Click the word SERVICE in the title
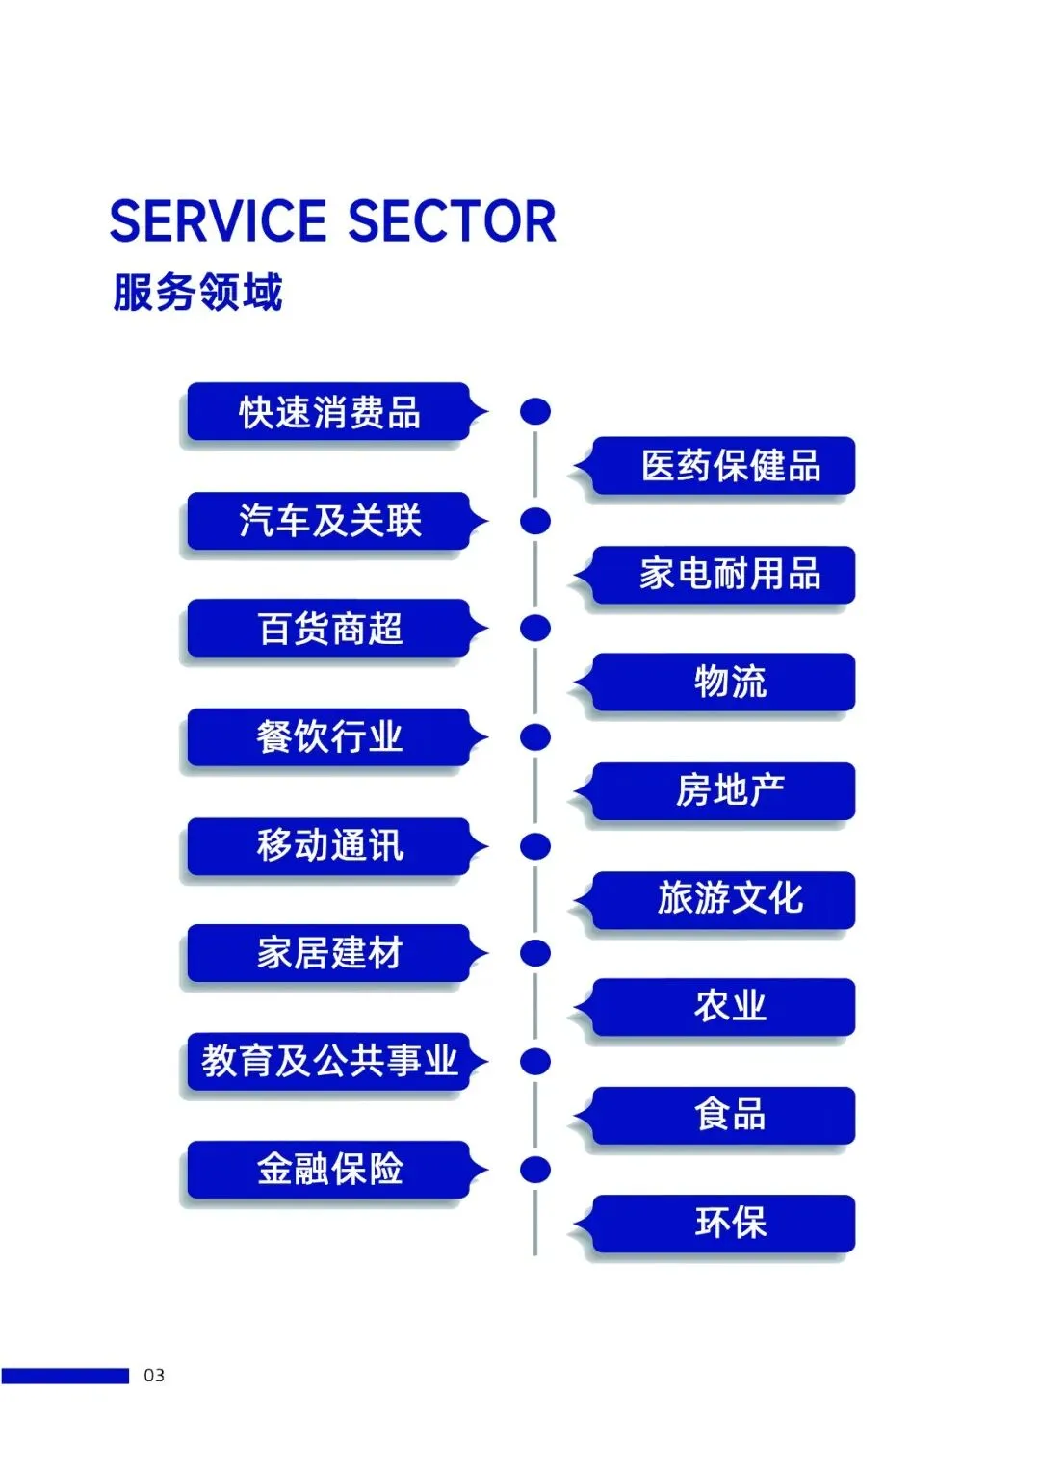pos(219,221)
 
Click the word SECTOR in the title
pos(452,221)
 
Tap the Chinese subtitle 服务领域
pos(197,293)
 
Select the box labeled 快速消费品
pos(329,412)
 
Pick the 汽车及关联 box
pos(329,521)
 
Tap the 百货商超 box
pos(329,629)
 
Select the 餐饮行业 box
pos(329,737)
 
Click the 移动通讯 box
pos(329,845)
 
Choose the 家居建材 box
pos(329,953)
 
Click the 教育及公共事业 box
pos(329,1061)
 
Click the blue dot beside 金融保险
pos(534,1170)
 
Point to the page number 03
pos(154,1376)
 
